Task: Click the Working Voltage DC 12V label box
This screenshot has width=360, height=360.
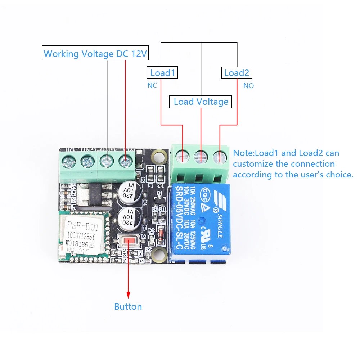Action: [x=95, y=54]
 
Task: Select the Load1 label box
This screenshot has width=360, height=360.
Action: [x=162, y=73]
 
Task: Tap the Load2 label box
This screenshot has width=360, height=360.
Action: [x=236, y=73]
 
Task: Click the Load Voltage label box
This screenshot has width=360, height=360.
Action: [x=201, y=102]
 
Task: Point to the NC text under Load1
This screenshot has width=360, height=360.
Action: [x=152, y=86]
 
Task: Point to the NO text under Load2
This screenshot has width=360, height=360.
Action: [x=248, y=86]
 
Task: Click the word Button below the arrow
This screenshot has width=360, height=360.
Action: [x=128, y=307]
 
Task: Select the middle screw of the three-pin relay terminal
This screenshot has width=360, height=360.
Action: [x=201, y=156]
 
